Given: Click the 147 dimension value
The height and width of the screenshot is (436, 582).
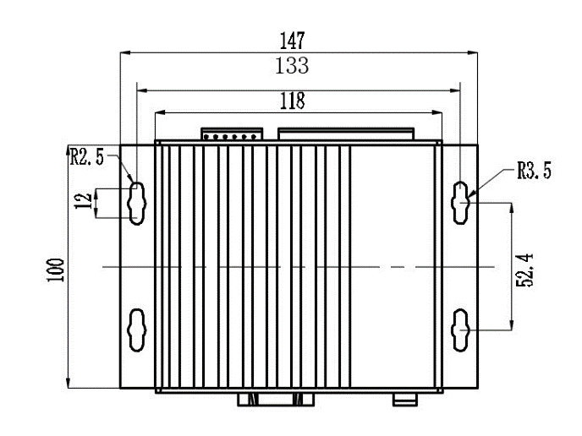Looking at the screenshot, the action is click(x=292, y=41).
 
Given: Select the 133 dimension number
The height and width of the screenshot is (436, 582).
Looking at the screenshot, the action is click(x=292, y=66).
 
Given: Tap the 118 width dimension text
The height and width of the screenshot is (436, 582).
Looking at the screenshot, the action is click(x=292, y=101).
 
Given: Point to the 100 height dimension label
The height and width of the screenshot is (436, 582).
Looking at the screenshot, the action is click(x=56, y=270).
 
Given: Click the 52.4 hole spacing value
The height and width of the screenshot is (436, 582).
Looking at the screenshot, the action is click(x=524, y=270).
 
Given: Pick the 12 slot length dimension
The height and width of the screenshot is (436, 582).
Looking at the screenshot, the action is click(x=84, y=201).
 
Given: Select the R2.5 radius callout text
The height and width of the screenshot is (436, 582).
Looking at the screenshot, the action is click(x=87, y=156).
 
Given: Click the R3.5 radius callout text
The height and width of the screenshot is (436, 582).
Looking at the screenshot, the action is click(x=534, y=171).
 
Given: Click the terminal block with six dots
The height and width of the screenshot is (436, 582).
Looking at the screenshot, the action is click(x=232, y=134).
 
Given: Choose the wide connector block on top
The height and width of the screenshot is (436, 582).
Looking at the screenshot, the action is click(x=346, y=134).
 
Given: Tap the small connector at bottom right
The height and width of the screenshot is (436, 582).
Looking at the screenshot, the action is click(x=405, y=400).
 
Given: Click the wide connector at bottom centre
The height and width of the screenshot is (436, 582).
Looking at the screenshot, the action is click(x=276, y=400).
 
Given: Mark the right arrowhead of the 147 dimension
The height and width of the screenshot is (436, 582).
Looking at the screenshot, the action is click(x=473, y=52).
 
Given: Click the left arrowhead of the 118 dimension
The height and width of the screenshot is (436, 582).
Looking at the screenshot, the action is click(x=160, y=112).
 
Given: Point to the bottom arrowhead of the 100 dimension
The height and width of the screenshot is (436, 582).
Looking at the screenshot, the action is click(x=68, y=384).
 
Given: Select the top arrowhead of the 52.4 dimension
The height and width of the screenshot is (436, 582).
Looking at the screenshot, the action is click(x=512, y=208).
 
